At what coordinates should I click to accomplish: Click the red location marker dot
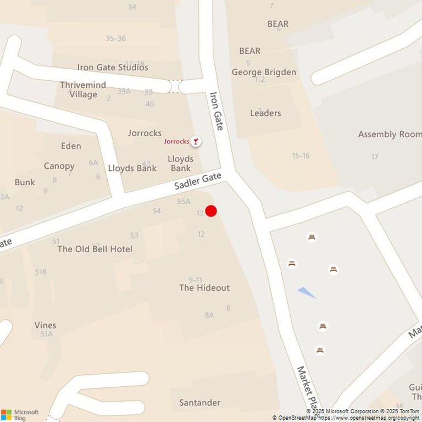211,211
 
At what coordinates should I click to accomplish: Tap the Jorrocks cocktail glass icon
195,142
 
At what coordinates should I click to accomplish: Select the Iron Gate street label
216,111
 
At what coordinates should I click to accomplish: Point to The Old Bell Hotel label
95,249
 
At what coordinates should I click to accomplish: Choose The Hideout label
204,287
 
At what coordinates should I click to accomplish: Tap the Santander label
199,403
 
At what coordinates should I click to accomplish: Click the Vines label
45,325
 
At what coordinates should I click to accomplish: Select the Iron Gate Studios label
113,68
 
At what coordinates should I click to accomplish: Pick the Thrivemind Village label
79,90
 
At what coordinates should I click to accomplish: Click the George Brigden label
264,72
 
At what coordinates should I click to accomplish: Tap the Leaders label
265,113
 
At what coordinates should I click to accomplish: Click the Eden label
71,146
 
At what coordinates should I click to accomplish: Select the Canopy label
59,166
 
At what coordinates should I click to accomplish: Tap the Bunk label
25,182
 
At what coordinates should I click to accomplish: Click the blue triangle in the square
307,292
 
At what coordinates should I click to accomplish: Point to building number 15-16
301,156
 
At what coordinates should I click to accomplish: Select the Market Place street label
307,384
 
